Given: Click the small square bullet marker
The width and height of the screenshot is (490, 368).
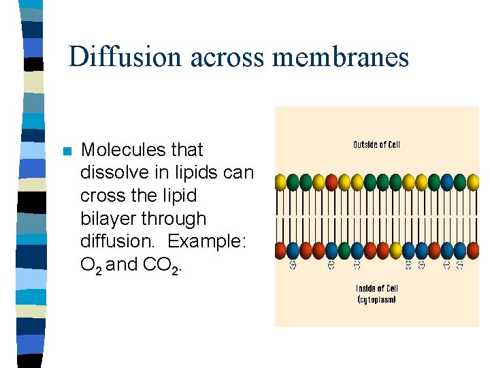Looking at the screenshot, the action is pyautogui.click(x=66, y=151).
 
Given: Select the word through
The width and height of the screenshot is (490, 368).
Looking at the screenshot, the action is pyautogui.click(x=174, y=219).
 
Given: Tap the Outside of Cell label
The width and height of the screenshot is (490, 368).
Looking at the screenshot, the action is pyautogui.click(x=376, y=144).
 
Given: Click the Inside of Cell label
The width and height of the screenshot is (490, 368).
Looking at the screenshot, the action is pyautogui.click(x=376, y=288).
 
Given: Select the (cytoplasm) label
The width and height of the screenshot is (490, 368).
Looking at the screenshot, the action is pyautogui.click(x=376, y=300).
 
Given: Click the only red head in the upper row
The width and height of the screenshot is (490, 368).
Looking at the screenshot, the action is pyautogui.click(x=331, y=182).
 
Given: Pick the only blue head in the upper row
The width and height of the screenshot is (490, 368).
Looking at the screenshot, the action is pyautogui.click(x=447, y=182).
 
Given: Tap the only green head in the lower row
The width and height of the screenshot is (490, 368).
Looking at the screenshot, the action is pyautogui.click(x=344, y=250).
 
